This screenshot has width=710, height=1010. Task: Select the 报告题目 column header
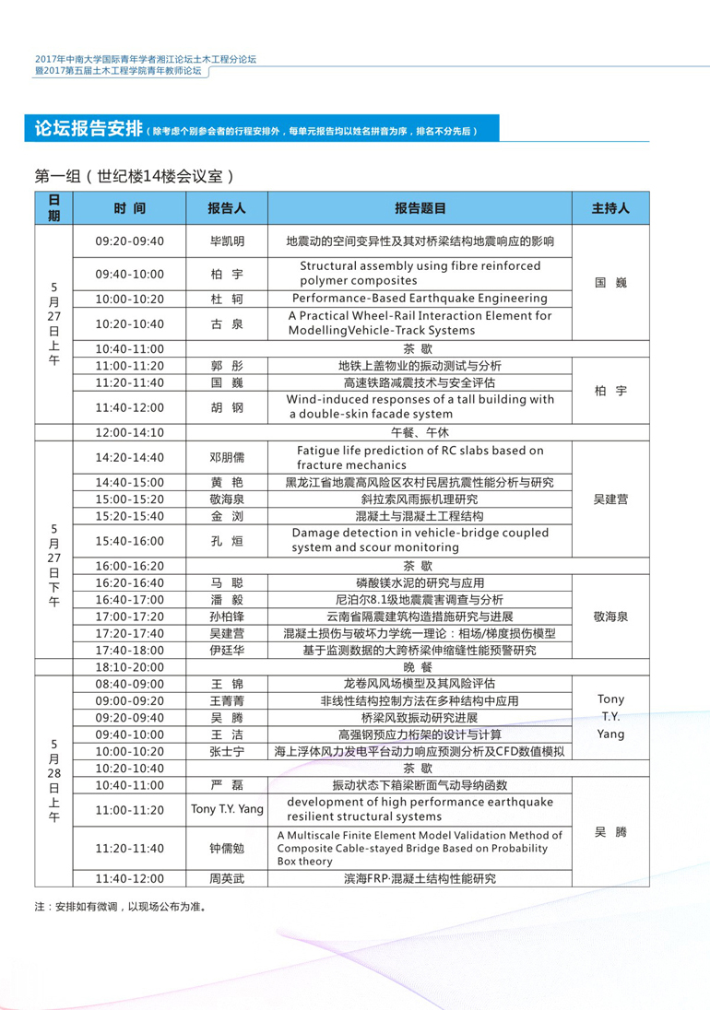click(420, 208)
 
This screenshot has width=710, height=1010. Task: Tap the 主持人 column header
click(609, 208)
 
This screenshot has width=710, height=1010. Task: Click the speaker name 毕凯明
click(227, 241)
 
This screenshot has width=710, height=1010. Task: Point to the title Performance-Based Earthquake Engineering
click(420, 299)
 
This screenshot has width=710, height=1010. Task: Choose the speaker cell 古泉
click(227, 323)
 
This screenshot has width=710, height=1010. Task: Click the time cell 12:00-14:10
click(129, 432)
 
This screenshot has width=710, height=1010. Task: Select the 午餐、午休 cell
click(419, 432)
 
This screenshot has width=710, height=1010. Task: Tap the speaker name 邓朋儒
click(227, 457)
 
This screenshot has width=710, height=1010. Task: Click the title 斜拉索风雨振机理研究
click(420, 499)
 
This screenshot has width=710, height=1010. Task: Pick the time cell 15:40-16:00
click(129, 541)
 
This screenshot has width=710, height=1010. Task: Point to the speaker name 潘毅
click(227, 599)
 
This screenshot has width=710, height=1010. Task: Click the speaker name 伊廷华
click(227, 650)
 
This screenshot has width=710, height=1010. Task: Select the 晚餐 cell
click(419, 666)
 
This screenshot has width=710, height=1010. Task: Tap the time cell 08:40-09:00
click(129, 684)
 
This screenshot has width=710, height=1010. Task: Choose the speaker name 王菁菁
click(227, 700)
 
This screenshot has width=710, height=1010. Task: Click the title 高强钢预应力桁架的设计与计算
click(420, 734)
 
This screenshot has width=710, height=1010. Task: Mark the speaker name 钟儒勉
click(227, 848)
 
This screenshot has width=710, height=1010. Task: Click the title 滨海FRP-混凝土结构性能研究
click(420, 879)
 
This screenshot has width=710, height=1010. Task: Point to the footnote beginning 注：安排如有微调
click(119, 907)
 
